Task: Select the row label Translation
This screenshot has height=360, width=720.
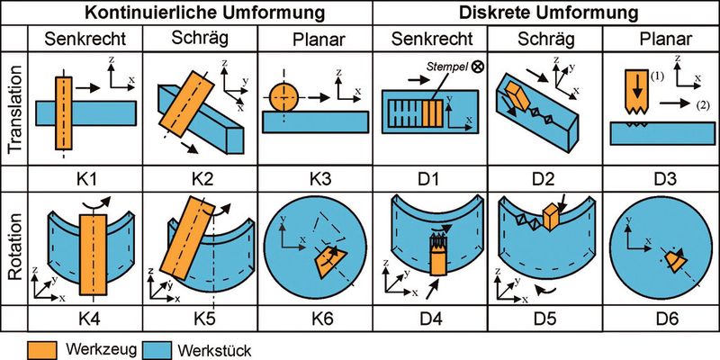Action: pos(15,106)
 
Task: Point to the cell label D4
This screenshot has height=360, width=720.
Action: pos(430,318)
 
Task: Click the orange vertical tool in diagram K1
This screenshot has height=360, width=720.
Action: pos(62,112)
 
